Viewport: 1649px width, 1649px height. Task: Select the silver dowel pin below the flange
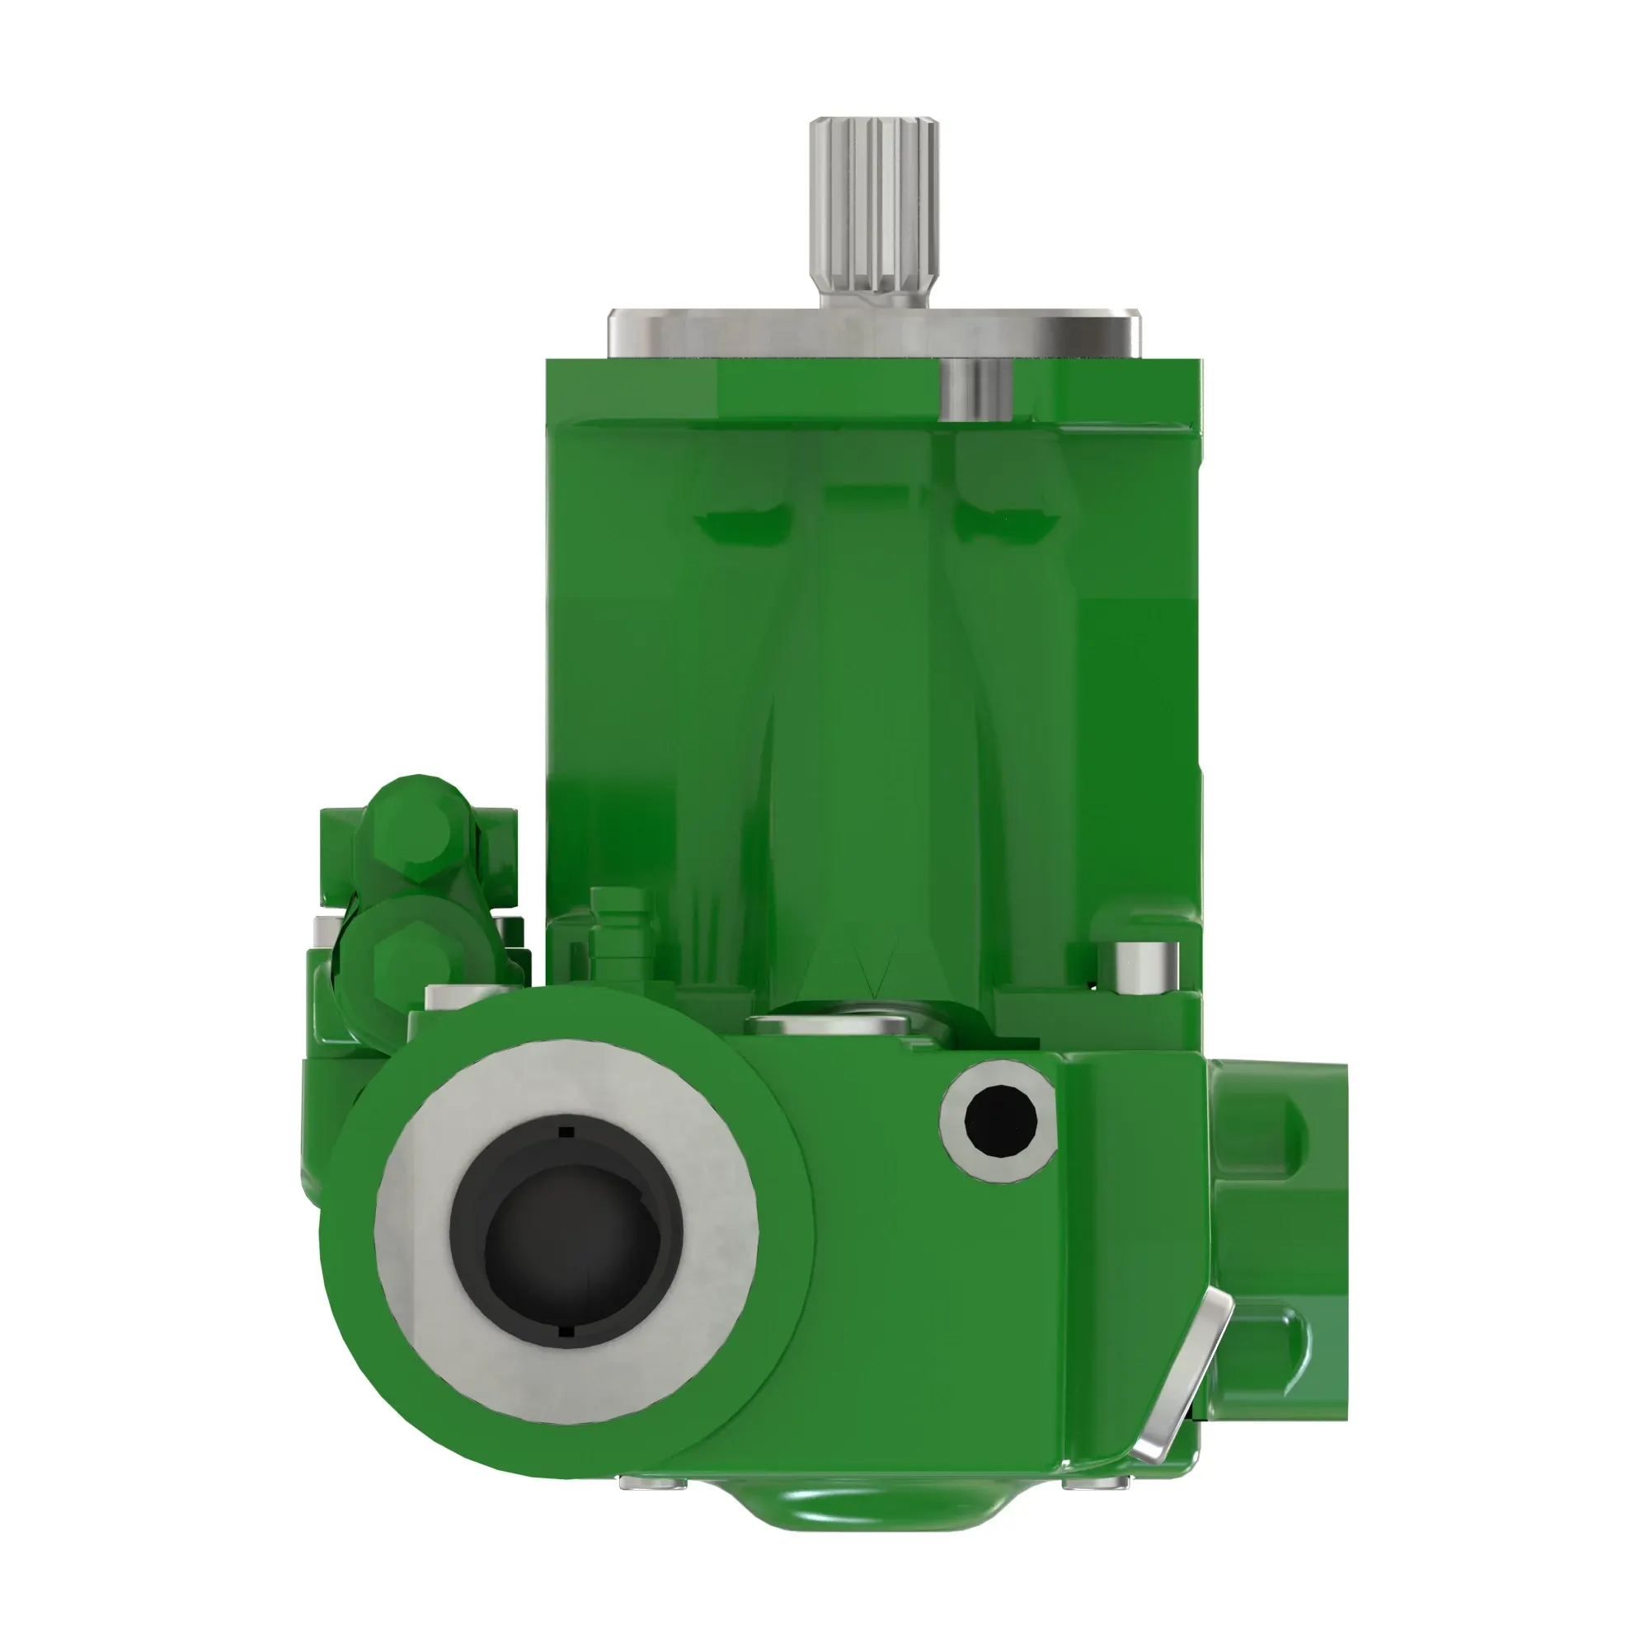point(975,389)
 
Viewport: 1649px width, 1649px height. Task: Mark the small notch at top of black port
point(566,1133)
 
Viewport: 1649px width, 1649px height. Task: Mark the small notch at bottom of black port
point(566,1331)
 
